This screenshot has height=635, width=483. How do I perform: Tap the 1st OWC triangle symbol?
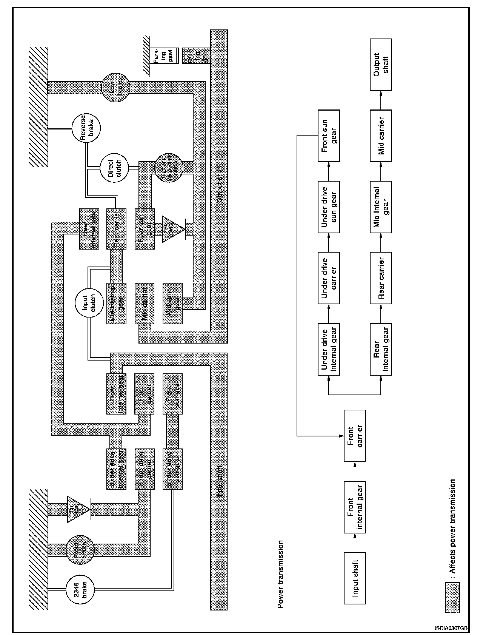(77, 509)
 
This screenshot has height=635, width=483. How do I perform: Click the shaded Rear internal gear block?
(89, 229)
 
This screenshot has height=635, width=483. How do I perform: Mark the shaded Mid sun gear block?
(173, 303)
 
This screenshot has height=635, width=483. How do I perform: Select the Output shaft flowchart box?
(381, 64)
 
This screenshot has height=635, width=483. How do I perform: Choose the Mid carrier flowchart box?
(381, 136)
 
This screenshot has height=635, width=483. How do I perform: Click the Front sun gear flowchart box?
(329, 136)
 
